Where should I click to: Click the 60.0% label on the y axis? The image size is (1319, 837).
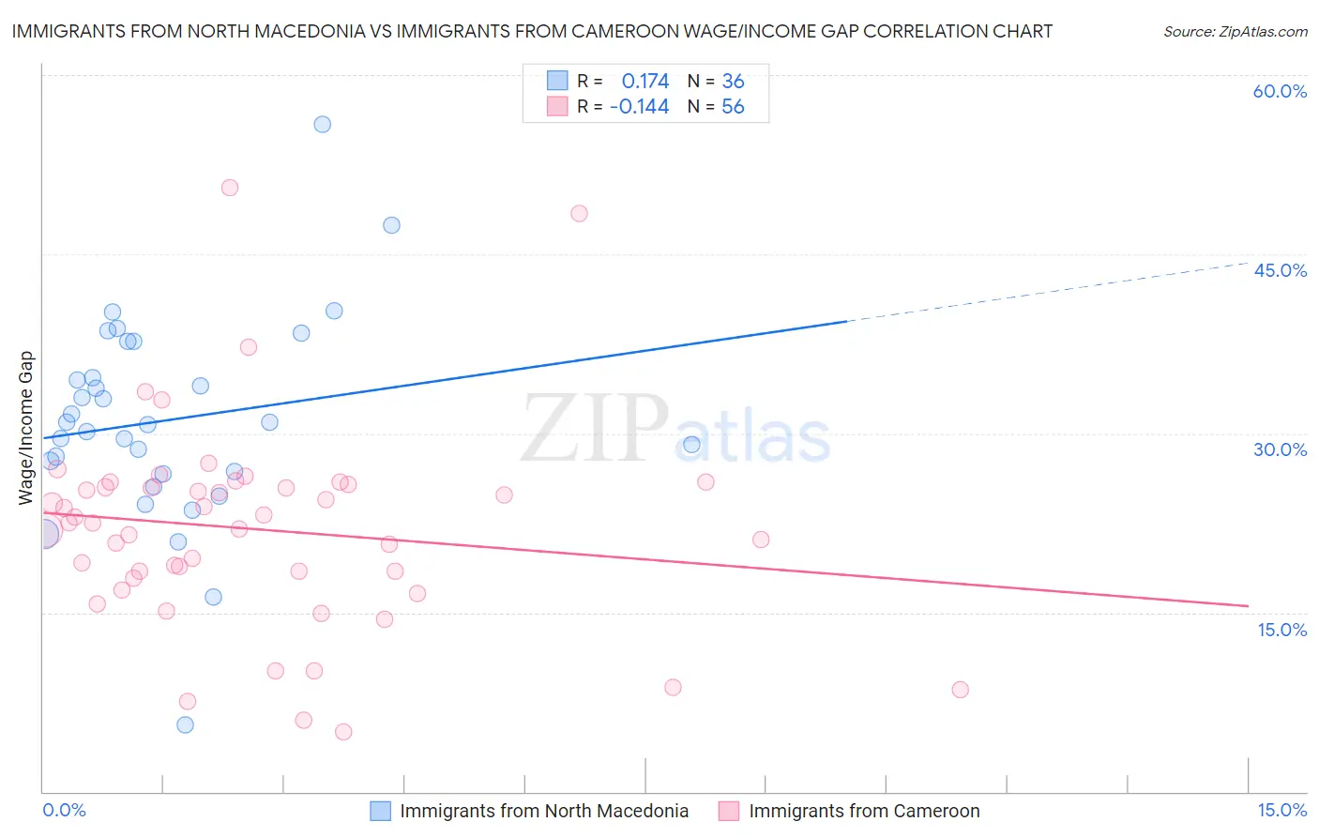tap(1280, 91)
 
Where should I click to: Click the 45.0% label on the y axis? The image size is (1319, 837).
tap(1280, 270)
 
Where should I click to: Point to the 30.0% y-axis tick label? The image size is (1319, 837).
tap(1280, 449)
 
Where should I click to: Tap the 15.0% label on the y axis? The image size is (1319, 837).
tap(1281, 630)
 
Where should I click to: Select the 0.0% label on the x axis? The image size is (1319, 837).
tap(64, 810)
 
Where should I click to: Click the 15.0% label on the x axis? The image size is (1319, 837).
tap(1281, 810)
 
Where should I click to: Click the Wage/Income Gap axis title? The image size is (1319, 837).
tap(26, 428)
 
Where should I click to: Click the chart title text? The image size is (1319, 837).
tap(532, 31)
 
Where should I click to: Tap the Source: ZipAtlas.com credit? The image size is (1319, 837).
tap(1235, 32)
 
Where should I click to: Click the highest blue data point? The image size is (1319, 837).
tap(322, 124)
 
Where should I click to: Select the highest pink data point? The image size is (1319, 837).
tap(230, 188)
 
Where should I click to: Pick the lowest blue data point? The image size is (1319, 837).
tap(185, 724)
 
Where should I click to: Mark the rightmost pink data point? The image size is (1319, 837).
tap(960, 690)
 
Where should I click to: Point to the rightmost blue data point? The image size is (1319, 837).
tap(691, 445)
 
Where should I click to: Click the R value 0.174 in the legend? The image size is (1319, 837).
tap(645, 82)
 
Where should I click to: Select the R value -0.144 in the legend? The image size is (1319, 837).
tap(639, 107)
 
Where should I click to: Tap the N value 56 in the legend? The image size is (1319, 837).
tap(733, 107)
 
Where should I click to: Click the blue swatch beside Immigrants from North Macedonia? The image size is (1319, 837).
tap(380, 811)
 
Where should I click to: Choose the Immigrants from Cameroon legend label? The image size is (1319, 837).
tap(864, 811)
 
